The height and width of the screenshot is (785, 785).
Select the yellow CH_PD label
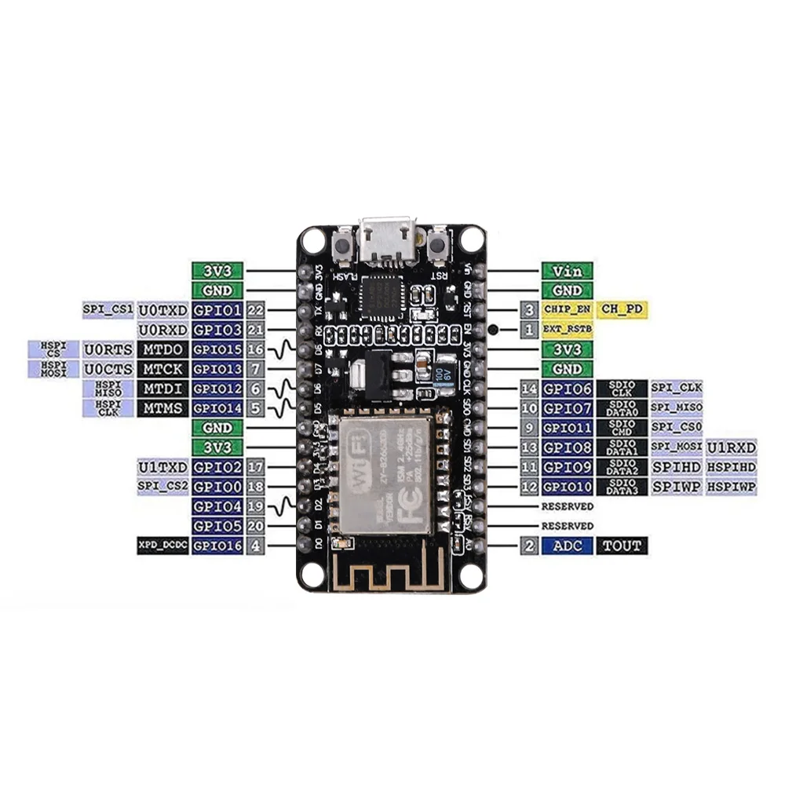pyautogui.click(x=623, y=309)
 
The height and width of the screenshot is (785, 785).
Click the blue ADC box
pyautogui.click(x=568, y=546)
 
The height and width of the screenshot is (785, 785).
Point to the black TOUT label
pyautogui.click(x=623, y=546)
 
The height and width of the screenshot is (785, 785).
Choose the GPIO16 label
pyautogui.click(x=217, y=546)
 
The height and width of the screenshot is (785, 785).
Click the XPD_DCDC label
pyautogui.click(x=162, y=546)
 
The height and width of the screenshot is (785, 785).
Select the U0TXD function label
pyautogui.click(x=162, y=309)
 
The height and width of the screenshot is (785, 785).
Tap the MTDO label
pyautogui.click(x=162, y=349)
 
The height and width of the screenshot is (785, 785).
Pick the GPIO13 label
pyautogui.click(x=217, y=368)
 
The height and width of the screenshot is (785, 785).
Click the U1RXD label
pyautogui.click(x=732, y=447)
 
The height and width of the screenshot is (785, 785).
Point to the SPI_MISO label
pyautogui.click(x=677, y=408)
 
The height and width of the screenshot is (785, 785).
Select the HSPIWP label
pyautogui.click(x=732, y=487)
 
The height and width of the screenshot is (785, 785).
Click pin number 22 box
pyautogui.click(x=255, y=309)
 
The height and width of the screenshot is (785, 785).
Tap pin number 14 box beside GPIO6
pyautogui.click(x=529, y=389)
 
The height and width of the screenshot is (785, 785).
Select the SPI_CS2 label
pyautogui.click(x=162, y=487)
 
